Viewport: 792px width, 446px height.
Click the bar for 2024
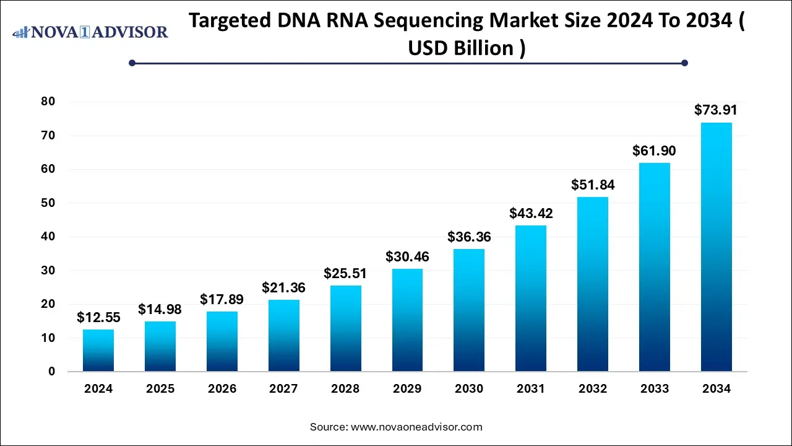coord(98,351)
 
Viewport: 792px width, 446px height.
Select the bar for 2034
coord(717,248)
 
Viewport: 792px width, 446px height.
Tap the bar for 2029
coord(407,320)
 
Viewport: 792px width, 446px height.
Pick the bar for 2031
coord(531,299)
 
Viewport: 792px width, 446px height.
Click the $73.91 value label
coord(717,110)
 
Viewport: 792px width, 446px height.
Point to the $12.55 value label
coord(98,317)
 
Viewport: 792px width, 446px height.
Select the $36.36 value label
coord(469,237)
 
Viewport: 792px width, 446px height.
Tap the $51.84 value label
coord(593,185)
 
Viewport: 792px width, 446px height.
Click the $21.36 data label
coord(283,287)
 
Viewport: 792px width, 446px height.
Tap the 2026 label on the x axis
coord(222,389)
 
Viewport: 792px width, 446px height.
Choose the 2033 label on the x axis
coord(655,389)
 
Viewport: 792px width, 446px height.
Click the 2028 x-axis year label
coord(345,389)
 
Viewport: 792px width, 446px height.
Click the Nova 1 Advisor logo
coord(90,32)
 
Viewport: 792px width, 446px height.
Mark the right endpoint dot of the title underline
coord(684,63)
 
